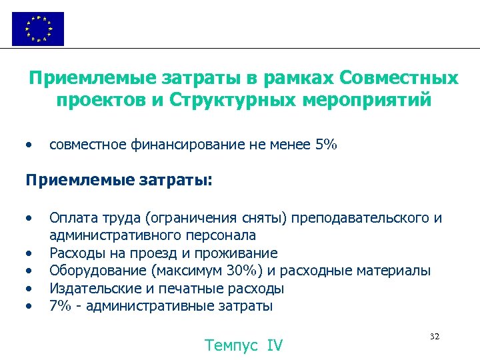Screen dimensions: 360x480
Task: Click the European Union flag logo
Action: click(x=38, y=29)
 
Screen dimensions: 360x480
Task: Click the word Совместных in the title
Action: click(x=399, y=79)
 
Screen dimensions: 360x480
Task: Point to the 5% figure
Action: click(x=325, y=144)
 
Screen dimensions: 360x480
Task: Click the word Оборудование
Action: click(x=98, y=271)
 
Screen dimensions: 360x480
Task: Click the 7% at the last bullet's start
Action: click(x=59, y=306)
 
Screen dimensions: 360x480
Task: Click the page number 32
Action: click(x=435, y=337)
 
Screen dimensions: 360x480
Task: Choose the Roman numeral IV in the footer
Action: click(x=275, y=345)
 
